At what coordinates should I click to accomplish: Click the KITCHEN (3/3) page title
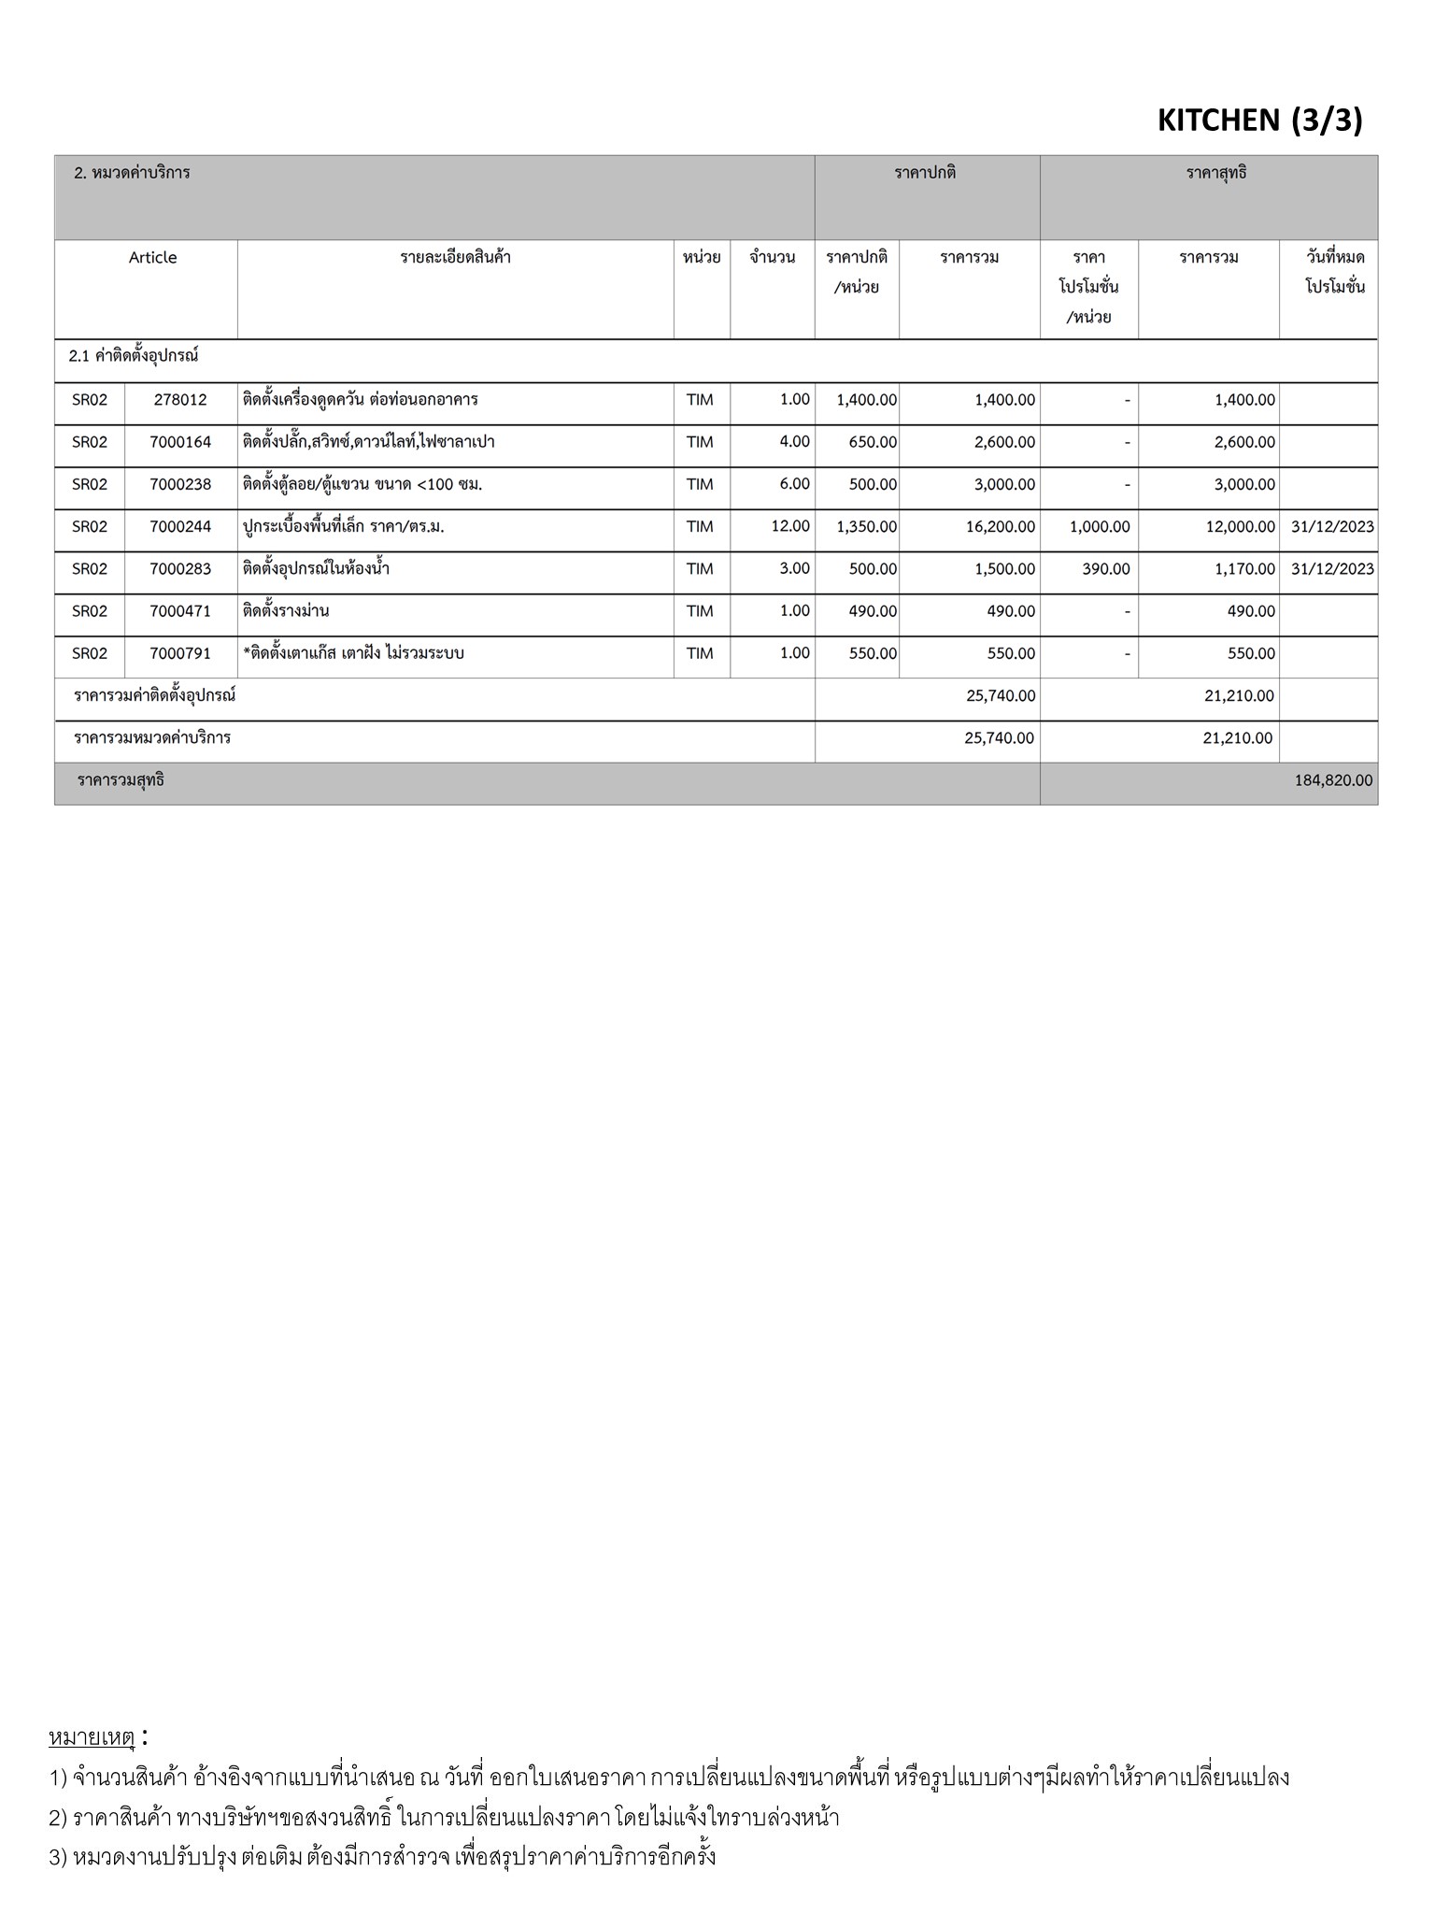(x=1259, y=120)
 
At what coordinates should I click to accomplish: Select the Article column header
(x=152, y=257)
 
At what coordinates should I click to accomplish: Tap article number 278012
(x=180, y=400)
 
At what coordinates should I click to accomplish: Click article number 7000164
(x=180, y=442)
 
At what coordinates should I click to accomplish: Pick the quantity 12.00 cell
(x=790, y=526)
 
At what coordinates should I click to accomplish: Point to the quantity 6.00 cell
(x=794, y=484)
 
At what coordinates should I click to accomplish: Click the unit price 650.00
(x=873, y=442)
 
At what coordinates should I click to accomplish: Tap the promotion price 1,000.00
(x=1100, y=527)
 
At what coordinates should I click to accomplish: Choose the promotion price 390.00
(x=1106, y=569)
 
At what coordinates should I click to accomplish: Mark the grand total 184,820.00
(x=1333, y=780)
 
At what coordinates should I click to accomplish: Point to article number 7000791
(x=180, y=653)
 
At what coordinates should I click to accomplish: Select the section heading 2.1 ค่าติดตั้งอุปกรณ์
(x=134, y=356)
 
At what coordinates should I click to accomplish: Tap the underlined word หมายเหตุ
(x=92, y=1737)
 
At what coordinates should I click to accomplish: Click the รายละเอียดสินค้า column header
(x=455, y=257)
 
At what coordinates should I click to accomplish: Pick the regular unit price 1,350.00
(x=866, y=527)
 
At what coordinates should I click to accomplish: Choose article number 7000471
(x=180, y=611)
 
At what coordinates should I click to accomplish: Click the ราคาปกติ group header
(x=925, y=173)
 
